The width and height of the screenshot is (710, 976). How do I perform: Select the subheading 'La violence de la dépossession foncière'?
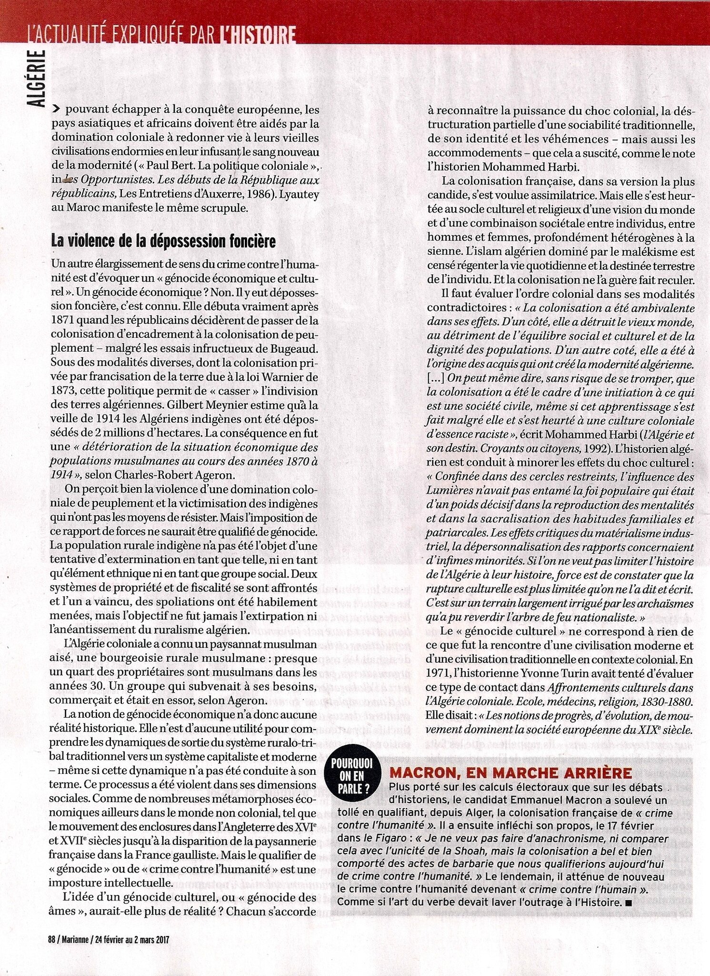[163, 242]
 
